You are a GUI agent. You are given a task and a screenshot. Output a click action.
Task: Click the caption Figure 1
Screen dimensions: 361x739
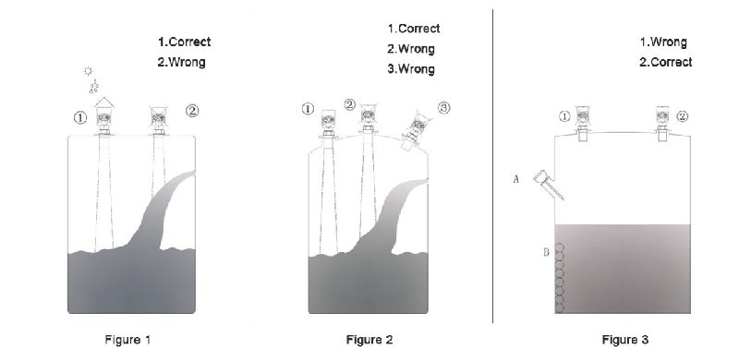[x=128, y=340]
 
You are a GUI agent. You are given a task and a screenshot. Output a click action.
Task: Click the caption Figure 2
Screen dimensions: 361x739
[x=369, y=340]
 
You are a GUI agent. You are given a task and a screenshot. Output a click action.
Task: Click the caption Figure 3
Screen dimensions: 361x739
[x=625, y=340]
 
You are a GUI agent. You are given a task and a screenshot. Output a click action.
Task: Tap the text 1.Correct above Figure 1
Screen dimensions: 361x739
[x=184, y=42]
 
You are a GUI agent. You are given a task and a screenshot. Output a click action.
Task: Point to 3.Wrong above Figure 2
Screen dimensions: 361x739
[x=410, y=70]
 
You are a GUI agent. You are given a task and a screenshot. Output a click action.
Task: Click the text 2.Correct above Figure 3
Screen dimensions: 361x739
[x=665, y=63]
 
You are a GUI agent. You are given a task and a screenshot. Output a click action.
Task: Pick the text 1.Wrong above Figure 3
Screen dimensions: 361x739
[x=663, y=42]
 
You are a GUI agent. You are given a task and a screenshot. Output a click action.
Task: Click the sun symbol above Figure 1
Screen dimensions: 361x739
[x=89, y=70]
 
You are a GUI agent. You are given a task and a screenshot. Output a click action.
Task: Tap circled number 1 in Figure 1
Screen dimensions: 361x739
[x=80, y=117]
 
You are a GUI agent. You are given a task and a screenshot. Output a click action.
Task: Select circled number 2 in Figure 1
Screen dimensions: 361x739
[x=192, y=110]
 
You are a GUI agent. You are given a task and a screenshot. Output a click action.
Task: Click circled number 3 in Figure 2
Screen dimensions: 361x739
[x=443, y=108]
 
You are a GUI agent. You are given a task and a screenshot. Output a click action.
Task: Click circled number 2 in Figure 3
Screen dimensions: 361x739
[x=682, y=116]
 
